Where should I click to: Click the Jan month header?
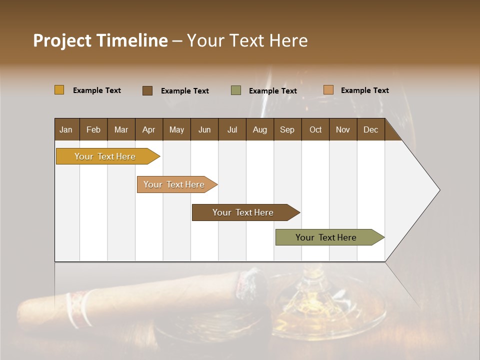(66, 129)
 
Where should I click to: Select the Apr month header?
(149, 129)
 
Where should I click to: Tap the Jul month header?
(232, 129)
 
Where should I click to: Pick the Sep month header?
(287, 129)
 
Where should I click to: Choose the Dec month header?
(370, 129)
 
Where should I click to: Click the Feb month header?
(93, 129)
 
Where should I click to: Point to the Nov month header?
(343, 129)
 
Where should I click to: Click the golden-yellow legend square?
(59, 90)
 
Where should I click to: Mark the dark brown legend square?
(147, 90)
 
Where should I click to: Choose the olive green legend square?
(236, 90)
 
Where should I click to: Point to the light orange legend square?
(328, 90)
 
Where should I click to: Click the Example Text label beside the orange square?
(364, 90)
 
